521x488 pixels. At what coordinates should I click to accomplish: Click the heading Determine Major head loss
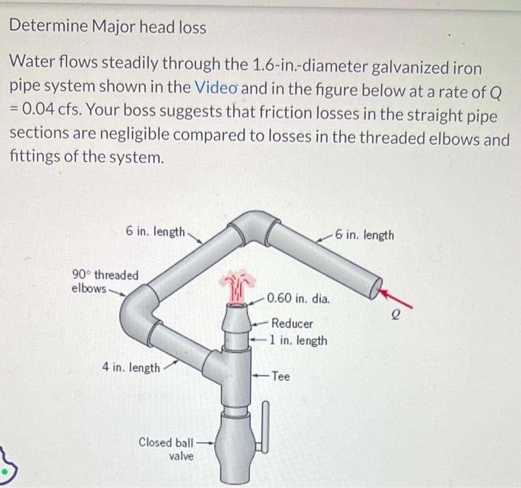108,28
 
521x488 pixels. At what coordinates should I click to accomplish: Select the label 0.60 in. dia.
298,299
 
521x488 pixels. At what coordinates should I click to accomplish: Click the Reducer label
292,324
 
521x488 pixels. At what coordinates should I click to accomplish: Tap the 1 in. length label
298,340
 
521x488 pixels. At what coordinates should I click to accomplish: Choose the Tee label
281,376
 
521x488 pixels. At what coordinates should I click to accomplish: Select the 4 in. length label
130,367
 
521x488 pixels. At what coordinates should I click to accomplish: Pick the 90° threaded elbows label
104,281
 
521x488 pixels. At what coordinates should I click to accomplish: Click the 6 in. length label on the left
156,231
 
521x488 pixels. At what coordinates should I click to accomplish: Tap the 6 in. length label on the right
364,235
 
